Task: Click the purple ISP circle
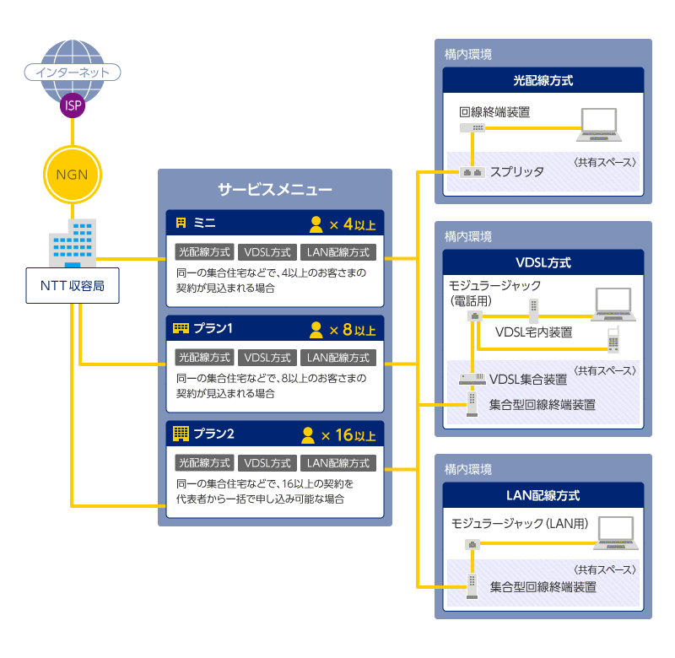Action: [x=73, y=105]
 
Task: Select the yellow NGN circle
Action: [x=73, y=175]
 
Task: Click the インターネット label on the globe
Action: [x=73, y=73]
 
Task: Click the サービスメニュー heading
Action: [x=274, y=190]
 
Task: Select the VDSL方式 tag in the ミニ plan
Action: [x=267, y=251]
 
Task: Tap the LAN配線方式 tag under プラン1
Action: [x=338, y=357]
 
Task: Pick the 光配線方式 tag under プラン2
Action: [x=204, y=463]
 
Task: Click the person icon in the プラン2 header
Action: [x=310, y=435]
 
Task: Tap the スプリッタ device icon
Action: [x=472, y=172]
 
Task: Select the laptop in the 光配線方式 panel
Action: [x=601, y=125]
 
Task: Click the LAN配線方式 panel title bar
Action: [x=543, y=495]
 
